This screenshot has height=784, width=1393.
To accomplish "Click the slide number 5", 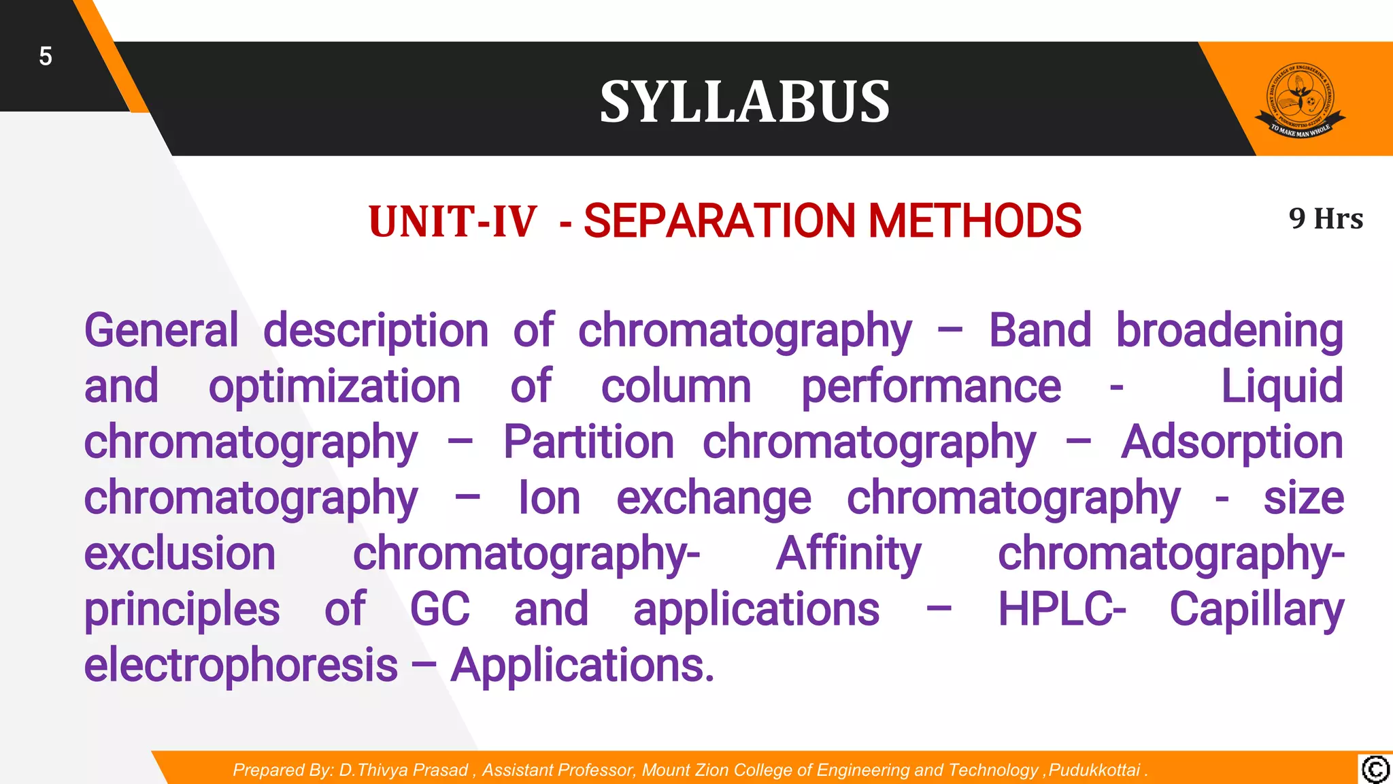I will [x=45, y=56].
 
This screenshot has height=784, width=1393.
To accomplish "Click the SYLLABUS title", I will [x=744, y=101].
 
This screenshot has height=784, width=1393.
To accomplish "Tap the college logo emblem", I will [x=1300, y=101].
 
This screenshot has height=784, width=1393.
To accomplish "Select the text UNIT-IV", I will [x=452, y=222].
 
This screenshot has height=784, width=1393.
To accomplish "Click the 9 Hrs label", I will [x=1325, y=219].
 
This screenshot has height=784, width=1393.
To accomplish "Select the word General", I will [x=161, y=331].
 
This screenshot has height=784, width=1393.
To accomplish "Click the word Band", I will [x=1039, y=331].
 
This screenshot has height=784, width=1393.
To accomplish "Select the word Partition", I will [x=588, y=442].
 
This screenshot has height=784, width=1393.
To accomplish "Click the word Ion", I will [x=549, y=498].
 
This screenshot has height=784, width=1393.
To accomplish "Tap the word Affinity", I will [x=848, y=555].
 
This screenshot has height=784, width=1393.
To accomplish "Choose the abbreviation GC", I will [x=439, y=609].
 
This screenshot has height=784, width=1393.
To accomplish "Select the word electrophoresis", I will [x=241, y=666].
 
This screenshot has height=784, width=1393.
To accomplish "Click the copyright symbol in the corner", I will [x=1375, y=770].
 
